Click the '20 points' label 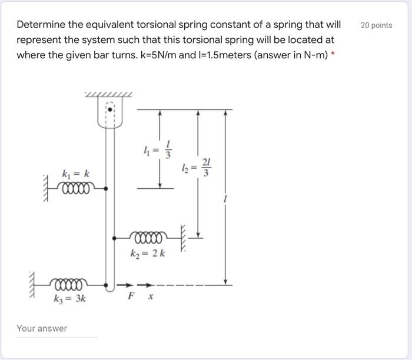[x=375, y=25]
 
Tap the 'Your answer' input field [x=57, y=329]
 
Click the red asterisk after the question [x=334, y=56]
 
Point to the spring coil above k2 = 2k [x=151, y=236]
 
